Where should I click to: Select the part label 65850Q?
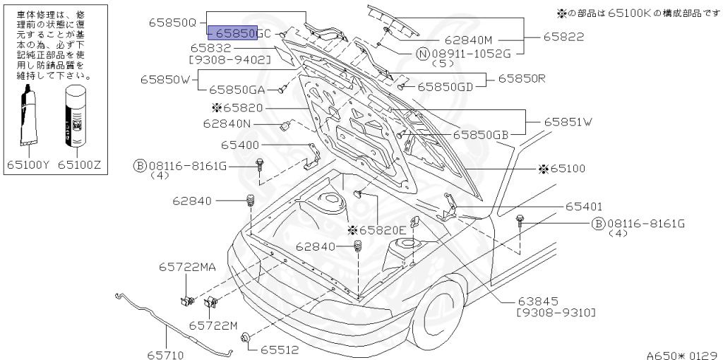172,22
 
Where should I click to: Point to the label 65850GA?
237,90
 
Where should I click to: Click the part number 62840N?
227,123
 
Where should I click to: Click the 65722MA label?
187,267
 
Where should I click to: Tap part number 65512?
279,349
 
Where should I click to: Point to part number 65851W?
568,122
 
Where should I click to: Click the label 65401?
583,207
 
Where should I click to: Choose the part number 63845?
538,300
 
